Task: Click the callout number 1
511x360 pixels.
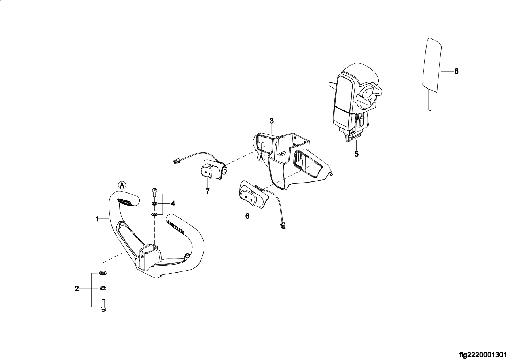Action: point(98,219)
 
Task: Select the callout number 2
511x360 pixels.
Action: point(77,289)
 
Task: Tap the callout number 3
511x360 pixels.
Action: point(272,120)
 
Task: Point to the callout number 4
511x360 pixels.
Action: point(173,203)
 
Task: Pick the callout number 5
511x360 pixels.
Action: point(356,154)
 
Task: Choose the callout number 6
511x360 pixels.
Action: point(247,216)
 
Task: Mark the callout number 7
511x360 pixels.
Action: point(208,191)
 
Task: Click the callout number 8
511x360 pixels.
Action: point(456,71)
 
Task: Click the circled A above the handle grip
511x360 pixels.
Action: point(122,185)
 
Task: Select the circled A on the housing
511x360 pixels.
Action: point(261,157)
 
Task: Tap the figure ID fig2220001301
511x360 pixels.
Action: point(483,355)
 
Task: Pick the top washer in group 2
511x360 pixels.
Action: point(103,273)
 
